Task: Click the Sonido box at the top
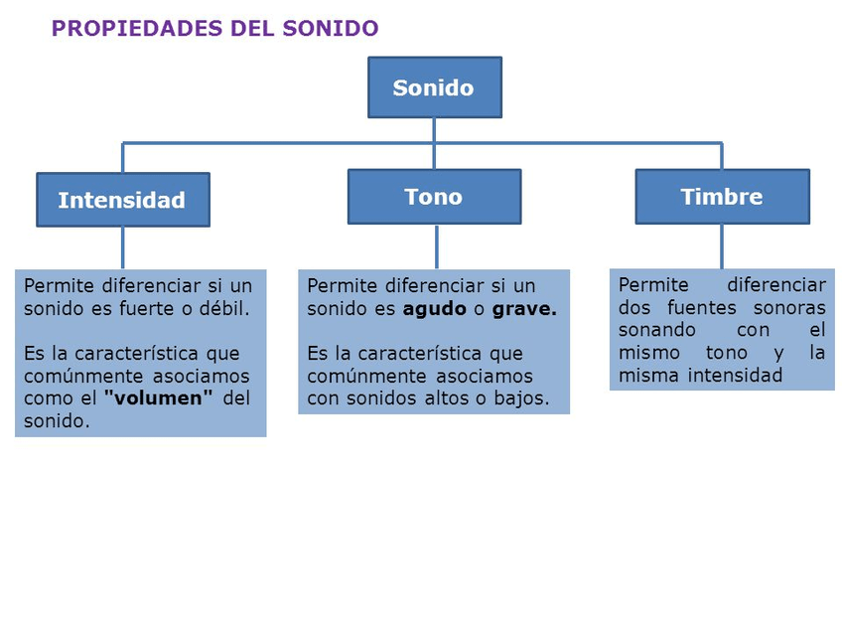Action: (434, 87)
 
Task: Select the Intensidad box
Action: (122, 200)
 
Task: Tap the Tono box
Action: (434, 197)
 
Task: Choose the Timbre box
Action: (722, 197)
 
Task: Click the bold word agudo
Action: (434, 309)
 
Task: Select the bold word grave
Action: (524, 309)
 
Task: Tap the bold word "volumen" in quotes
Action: (159, 398)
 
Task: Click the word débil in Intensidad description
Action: (223, 308)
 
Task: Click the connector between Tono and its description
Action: (436, 246)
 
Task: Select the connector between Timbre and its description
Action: (722, 246)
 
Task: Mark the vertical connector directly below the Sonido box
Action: (434, 130)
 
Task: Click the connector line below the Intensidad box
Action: (123, 247)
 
